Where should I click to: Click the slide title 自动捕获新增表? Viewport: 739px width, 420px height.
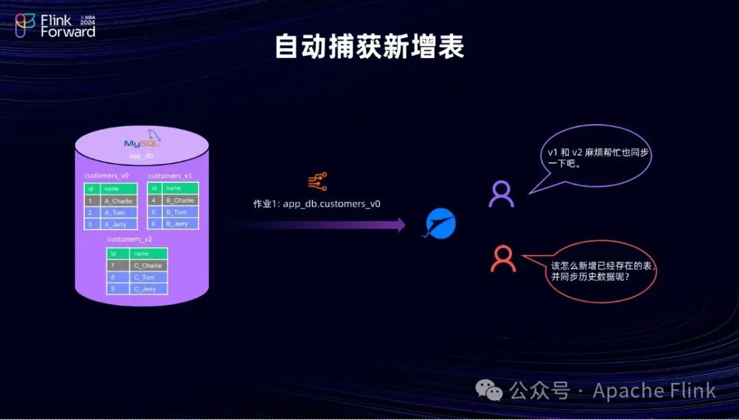369,47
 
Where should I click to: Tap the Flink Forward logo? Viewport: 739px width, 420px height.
55,25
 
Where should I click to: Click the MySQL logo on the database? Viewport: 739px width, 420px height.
142,143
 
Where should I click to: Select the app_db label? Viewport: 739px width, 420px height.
141,156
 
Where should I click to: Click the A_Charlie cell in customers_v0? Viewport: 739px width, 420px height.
118,201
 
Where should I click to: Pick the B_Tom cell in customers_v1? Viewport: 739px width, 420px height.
181,212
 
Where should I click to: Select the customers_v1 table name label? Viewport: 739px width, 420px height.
170,176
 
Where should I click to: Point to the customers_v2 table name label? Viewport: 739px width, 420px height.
130,239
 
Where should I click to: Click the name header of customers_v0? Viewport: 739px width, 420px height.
118,188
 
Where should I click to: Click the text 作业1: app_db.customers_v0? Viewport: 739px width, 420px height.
317,204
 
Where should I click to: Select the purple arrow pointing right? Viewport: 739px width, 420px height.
322,225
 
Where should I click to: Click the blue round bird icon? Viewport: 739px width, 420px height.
441,224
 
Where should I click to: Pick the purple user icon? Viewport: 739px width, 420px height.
502,194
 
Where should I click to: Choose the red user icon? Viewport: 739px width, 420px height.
503,258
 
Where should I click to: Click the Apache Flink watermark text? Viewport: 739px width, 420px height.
653,391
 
